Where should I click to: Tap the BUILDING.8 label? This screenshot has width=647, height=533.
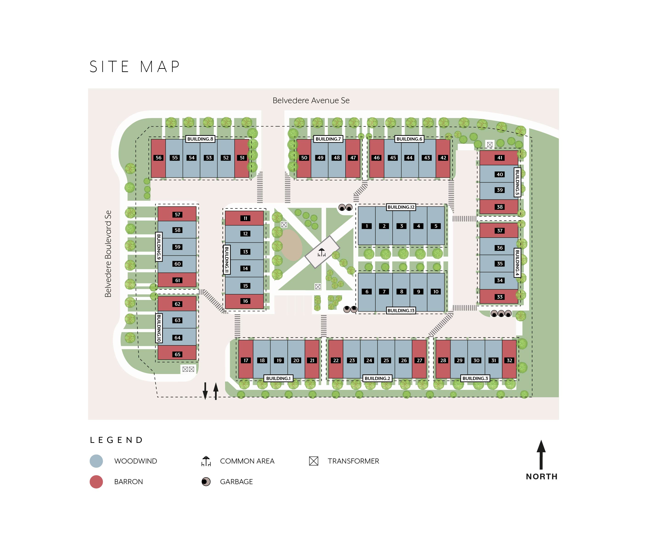tap(200, 139)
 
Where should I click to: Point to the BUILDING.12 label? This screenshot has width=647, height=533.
tap(401, 207)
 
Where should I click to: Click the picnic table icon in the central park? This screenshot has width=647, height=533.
tap(321, 252)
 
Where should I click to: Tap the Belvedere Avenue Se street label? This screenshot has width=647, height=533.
tap(311, 100)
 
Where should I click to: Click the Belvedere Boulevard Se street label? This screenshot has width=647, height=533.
tap(108, 254)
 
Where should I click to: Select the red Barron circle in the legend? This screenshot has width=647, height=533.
tap(96, 482)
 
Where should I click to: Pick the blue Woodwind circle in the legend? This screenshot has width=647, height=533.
tap(96, 461)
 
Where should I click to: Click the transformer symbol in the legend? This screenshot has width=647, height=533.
tap(313, 461)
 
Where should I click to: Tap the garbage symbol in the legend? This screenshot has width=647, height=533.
tap(206, 482)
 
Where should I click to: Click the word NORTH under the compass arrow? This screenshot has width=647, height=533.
tap(542, 477)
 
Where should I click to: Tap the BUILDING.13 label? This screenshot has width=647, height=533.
tap(401, 310)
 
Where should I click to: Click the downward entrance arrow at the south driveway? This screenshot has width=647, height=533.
tap(205, 391)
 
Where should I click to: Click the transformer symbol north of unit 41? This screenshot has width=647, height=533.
tap(490, 144)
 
